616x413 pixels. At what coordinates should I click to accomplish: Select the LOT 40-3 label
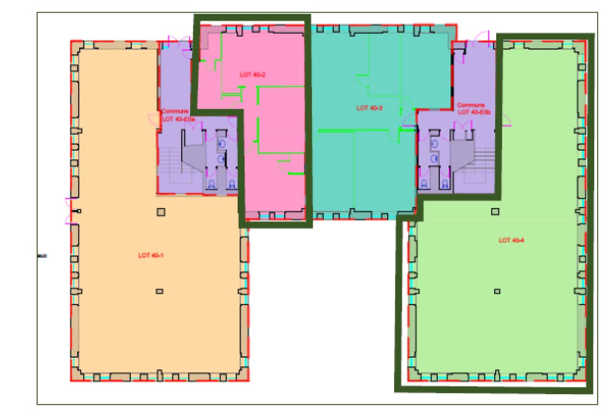pos(370,108)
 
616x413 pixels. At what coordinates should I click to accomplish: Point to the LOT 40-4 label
pos(512,240)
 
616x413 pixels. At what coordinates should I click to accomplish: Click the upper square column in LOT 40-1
pos(161,211)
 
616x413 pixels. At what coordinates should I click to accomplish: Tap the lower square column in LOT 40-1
pos(160,291)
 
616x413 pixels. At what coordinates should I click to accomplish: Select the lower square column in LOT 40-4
pos(498,291)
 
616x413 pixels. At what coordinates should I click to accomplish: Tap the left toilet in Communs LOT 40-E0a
pos(211,183)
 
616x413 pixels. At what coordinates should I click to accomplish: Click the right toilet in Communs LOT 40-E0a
pos(231,183)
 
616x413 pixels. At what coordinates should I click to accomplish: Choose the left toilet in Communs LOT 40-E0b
pos(424,183)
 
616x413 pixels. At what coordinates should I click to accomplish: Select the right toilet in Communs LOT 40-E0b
pos(445,183)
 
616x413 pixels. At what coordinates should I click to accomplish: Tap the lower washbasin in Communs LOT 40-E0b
pos(435,158)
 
